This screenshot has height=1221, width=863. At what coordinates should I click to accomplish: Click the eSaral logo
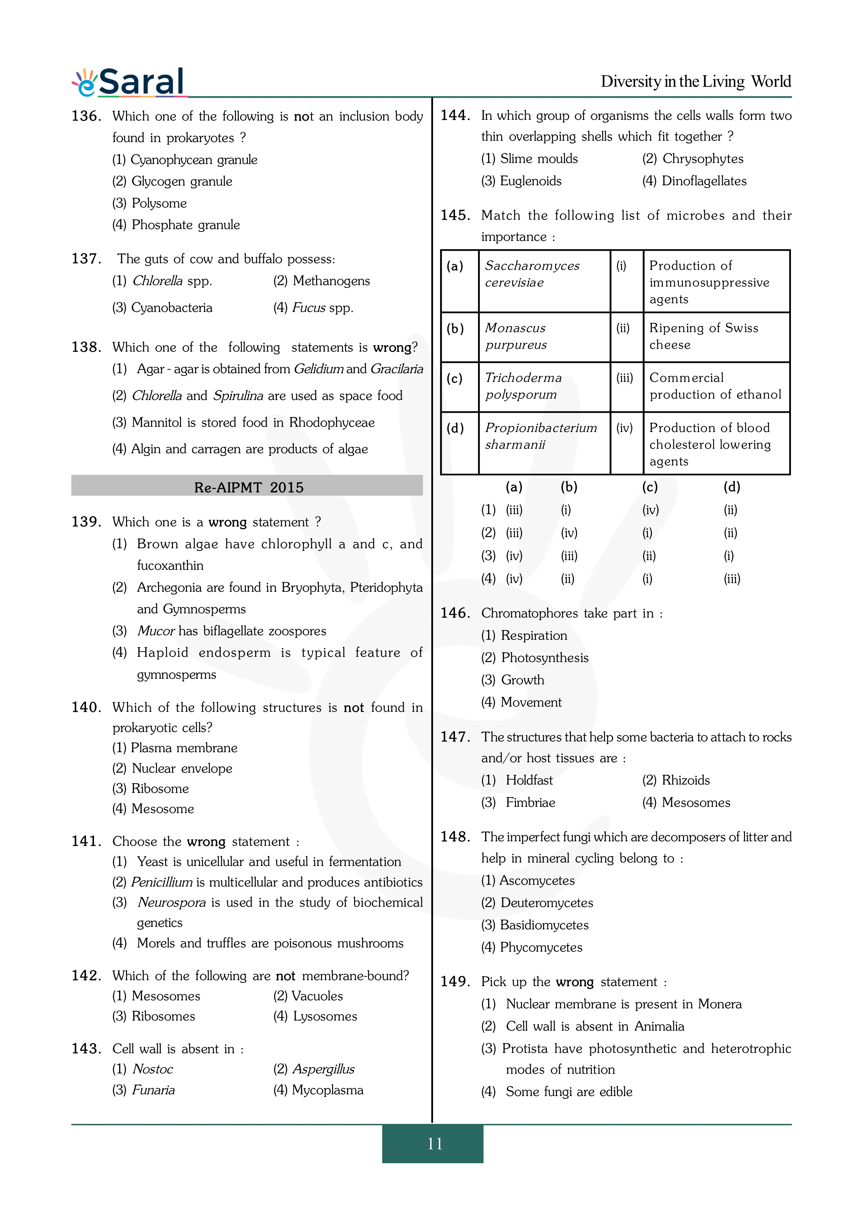(129, 82)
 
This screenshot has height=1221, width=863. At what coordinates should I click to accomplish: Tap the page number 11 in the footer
(434, 1143)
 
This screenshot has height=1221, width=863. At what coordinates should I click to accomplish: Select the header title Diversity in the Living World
(696, 81)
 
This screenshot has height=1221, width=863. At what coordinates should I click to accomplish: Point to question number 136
(86, 116)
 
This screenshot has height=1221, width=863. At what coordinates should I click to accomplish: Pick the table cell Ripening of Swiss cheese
(704, 336)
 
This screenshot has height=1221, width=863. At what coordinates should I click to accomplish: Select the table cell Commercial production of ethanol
(715, 386)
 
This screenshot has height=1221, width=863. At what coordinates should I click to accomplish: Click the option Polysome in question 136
(159, 203)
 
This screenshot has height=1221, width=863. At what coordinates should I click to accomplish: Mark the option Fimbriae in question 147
(530, 803)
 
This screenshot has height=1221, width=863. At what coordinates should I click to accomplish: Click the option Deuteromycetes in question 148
(547, 903)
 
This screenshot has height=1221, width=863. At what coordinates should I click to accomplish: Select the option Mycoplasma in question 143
(327, 1090)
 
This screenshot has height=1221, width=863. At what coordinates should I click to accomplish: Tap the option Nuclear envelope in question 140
(182, 769)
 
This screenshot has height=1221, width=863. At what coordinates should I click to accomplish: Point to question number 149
(455, 982)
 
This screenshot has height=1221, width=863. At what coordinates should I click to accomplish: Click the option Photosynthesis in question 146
(544, 658)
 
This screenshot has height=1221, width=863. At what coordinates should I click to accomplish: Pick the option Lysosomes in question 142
(325, 1016)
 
